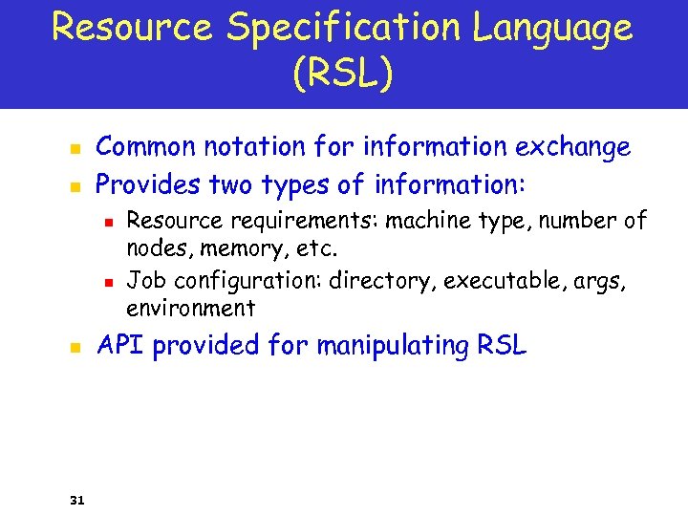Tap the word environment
pos(190,308)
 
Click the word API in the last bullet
pos(120,345)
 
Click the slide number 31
pos(77,499)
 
